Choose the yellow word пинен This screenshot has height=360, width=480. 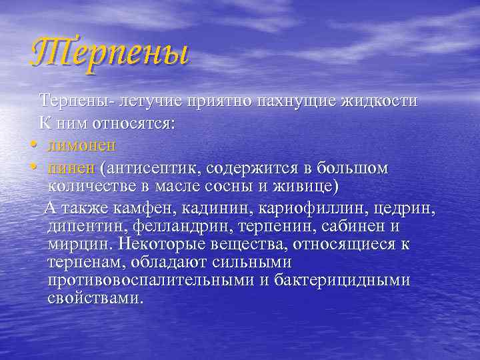point(72,167)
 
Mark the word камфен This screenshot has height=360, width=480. point(148,210)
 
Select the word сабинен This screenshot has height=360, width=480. point(365,227)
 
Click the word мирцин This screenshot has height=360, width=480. point(76,244)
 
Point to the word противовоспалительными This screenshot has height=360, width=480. point(151,280)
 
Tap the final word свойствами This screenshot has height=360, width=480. point(95,297)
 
